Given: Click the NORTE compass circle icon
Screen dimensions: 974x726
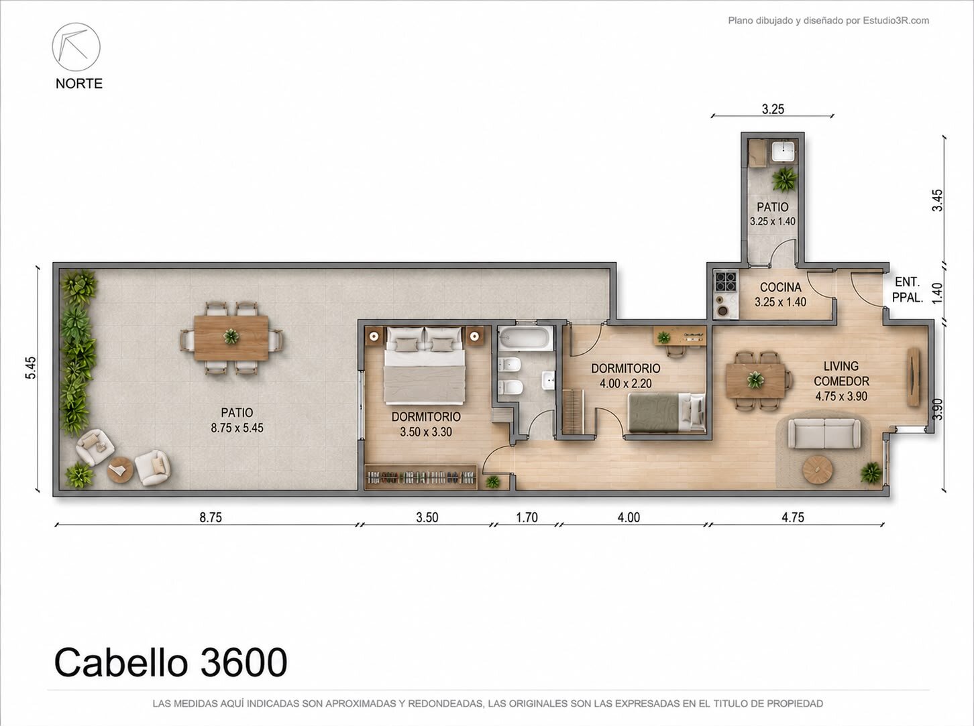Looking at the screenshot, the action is pos(76,46).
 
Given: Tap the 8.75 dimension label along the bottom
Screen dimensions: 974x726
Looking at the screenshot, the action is pos(211,518).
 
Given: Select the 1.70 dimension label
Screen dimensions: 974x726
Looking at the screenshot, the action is pos(527,518).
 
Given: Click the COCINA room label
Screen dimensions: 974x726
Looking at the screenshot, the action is pos(781,288).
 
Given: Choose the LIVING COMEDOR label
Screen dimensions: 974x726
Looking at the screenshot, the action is pos(841,373).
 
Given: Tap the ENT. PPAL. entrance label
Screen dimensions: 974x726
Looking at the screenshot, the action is pos(908,290).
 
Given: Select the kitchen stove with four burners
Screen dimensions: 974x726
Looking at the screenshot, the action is pos(726,281).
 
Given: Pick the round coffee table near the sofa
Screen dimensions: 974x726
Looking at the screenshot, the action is pos(817,469).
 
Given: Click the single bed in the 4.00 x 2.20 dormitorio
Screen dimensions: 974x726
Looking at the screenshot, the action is pos(667,414).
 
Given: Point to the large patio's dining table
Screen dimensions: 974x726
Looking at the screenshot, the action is pos(231,337).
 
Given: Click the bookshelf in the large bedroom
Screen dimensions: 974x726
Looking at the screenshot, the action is pos(421,477).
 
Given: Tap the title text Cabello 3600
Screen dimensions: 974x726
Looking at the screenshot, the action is pos(171,663).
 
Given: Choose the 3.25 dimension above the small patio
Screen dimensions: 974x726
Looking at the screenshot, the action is pos(773,109).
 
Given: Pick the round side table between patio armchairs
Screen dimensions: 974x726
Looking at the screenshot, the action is pos(120,469).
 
